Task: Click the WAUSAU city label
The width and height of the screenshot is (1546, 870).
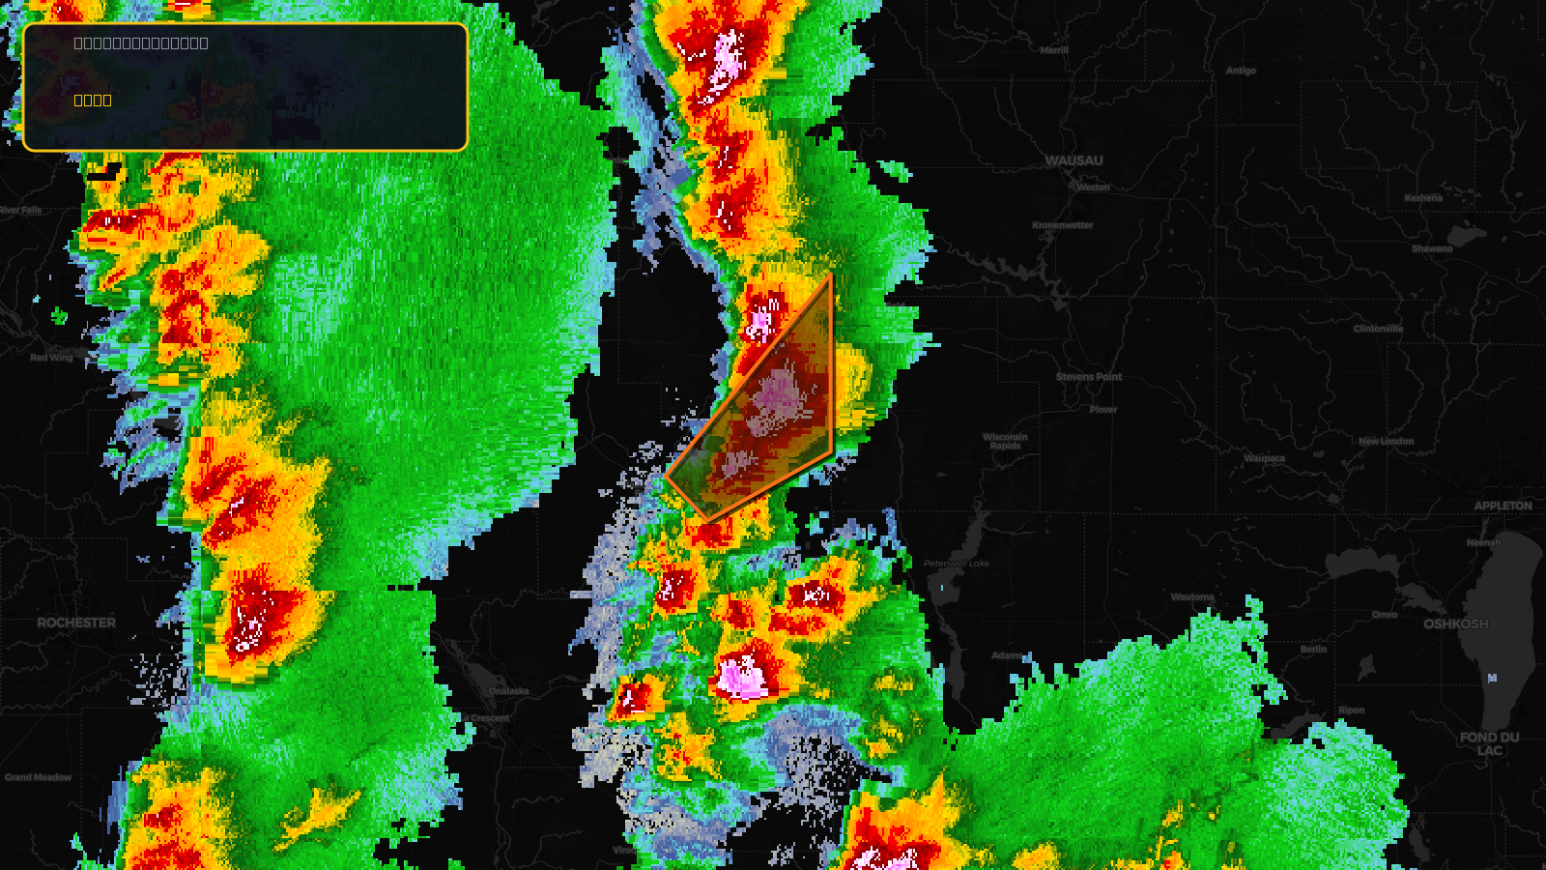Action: [x=1074, y=160]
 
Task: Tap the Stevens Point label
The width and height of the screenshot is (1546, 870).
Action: [x=1089, y=377]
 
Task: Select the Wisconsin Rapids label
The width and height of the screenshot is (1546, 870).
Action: [x=1005, y=441]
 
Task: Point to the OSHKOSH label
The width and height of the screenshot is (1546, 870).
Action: [x=1455, y=623]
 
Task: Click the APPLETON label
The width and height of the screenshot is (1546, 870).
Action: [x=1503, y=506]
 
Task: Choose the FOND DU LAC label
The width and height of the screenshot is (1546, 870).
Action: [x=1489, y=743]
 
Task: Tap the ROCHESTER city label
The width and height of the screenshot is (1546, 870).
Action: [x=76, y=623]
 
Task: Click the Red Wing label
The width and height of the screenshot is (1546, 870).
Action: [x=51, y=358]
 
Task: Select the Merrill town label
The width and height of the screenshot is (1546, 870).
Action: [x=1054, y=50]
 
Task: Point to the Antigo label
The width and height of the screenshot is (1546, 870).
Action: [x=1241, y=71]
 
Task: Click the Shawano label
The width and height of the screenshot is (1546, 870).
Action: [x=1432, y=248]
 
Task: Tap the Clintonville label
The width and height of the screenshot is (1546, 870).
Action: [x=1378, y=329]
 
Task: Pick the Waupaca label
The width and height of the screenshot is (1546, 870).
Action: [x=1264, y=458]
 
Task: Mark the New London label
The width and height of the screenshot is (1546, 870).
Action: [x=1386, y=441]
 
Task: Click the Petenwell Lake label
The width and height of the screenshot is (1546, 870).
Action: [x=956, y=564]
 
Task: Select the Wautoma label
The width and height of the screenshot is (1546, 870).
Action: [x=1192, y=597]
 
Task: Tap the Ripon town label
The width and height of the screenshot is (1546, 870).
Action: [x=1351, y=710]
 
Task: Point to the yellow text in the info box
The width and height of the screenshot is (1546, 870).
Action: [x=93, y=100]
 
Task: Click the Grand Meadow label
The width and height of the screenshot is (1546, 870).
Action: [x=39, y=777]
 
